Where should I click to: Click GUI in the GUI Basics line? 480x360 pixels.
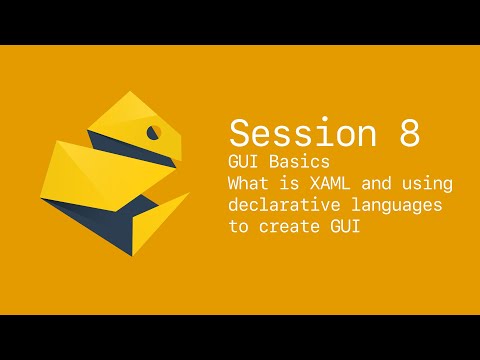(x=242, y=162)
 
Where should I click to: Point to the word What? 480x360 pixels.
(x=248, y=184)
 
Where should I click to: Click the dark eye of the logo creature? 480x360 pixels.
(x=154, y=131)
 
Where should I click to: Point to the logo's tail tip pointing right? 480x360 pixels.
(x=188, y=194)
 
